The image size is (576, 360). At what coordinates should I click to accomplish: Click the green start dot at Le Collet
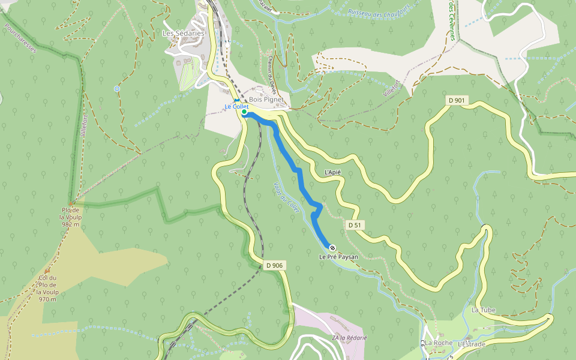tap(244, 112)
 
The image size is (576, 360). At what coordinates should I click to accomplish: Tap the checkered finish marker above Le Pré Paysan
tap(332, 247)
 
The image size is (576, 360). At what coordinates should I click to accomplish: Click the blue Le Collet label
tap(236, 107)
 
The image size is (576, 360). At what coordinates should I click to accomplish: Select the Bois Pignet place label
tap(266, 100)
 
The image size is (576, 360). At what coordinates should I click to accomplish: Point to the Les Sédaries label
tap(184, 34)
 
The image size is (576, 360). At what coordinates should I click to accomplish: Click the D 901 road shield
tap(456, 100)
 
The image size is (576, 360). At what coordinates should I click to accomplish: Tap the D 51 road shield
tap(355, 224)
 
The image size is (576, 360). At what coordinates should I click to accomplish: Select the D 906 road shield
tap(274, 265)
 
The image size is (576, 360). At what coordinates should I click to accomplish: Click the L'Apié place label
tap(332, 172)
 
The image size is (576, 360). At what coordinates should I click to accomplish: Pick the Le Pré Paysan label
tap(338, 257)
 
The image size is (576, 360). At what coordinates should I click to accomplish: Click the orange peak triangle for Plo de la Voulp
tap(71, 203)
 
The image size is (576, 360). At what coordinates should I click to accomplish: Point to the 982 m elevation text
tap(70, 224)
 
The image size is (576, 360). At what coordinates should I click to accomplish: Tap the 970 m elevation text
tap(47, 299)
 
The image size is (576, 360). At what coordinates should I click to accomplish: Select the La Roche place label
tap(439, 343)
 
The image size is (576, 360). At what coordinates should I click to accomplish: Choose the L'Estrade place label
tap(471, 344)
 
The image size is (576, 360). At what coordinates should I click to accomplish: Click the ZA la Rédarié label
tap(349, 338)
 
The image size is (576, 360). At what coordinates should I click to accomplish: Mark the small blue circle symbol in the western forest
tap(117, 89)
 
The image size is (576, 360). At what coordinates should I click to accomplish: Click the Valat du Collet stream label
tap(286, 199)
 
